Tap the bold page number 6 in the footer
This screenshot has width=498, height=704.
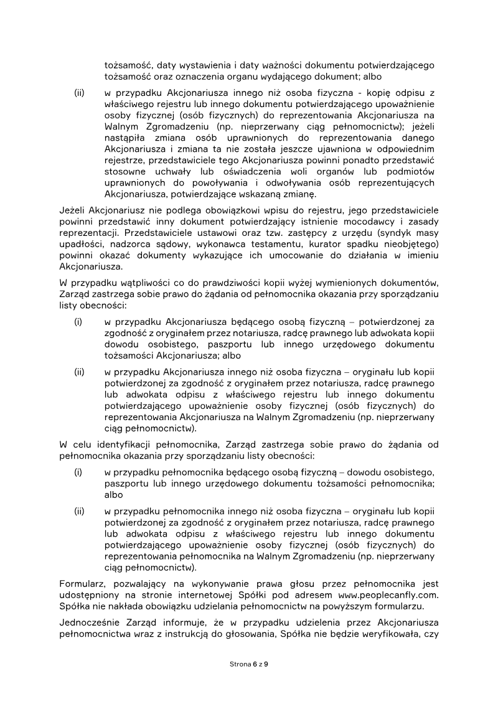point(255,664)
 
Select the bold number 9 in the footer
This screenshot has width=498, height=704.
point(266,664)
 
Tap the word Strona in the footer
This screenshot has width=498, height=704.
point(240,664)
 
